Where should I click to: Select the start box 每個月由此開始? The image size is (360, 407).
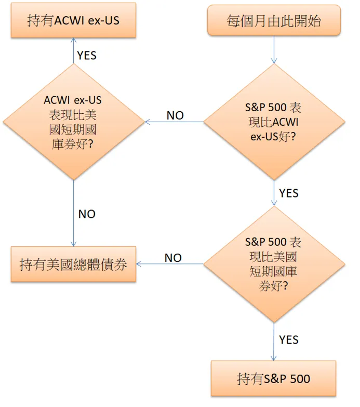coord(274,20)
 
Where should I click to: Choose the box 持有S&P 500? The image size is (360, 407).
coord(274,378)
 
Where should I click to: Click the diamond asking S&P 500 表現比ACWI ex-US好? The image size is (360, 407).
coord(274,122)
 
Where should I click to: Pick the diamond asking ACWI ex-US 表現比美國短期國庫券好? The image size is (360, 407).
coord(73,122)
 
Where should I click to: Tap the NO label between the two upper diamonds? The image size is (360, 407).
coord(175,115)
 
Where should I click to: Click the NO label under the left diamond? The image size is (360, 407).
coord(87,214)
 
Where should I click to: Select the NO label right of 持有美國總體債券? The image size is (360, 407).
coord(173,258)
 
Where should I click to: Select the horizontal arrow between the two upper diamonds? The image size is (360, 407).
coord(174,123)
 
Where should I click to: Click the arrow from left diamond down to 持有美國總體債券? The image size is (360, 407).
coord(73,213)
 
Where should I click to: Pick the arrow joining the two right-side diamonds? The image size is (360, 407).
coord(274,193)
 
